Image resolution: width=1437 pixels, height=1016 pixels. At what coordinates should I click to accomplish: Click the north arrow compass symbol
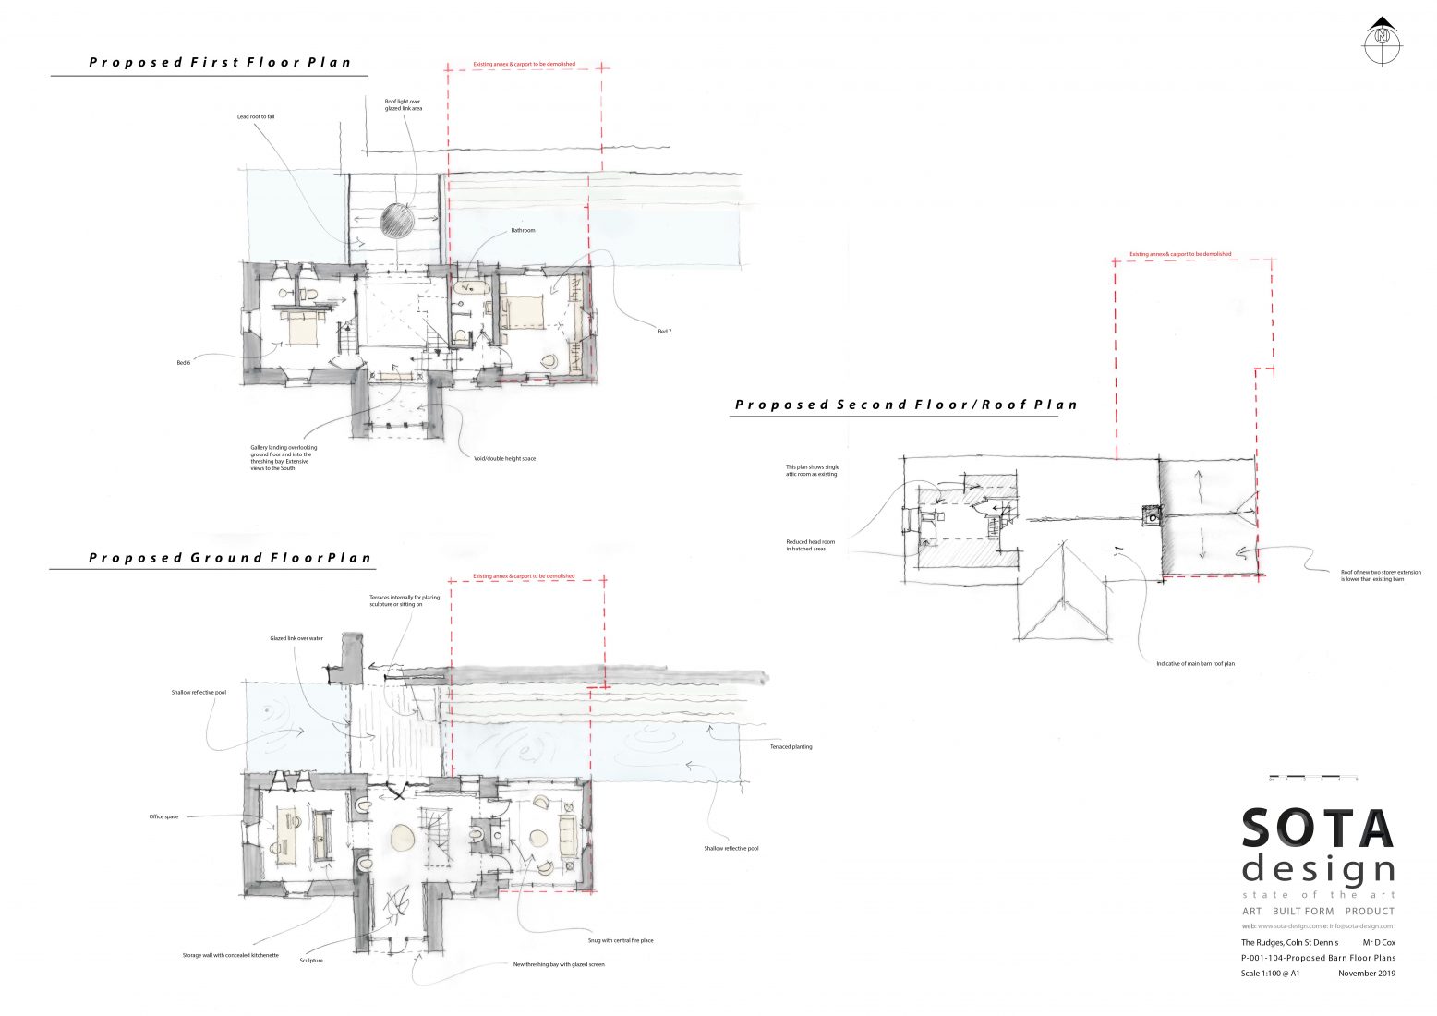[1382, 40]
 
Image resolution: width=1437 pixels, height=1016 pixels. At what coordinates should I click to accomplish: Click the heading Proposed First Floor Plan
[220, 63]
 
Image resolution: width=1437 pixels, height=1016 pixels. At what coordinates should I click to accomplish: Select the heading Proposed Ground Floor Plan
[230, 558]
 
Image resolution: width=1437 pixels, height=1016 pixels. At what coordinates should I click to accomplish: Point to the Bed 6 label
[183, 363]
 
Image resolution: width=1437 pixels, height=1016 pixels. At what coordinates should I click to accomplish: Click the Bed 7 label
[664, 331]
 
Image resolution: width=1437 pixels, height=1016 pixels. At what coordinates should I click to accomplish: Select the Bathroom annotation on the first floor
[523, 230]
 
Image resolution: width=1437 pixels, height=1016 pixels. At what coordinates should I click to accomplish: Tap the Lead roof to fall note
[256, 117]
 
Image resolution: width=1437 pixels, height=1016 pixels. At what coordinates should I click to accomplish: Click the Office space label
[163, 816]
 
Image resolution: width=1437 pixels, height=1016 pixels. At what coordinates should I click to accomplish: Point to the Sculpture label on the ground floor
[311, 961]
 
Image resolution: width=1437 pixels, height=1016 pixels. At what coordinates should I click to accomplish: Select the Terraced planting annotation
[791, 746]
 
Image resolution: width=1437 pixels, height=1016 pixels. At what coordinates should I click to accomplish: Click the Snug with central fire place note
[621, 941]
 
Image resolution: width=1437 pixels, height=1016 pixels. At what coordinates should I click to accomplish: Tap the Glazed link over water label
[296, 638]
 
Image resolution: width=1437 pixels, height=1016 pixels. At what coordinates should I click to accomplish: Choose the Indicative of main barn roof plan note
[1195, 663]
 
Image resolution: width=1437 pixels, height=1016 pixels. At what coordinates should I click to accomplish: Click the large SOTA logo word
[1316, 829]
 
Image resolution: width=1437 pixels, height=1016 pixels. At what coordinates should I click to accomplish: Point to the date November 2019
[1366, 973]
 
